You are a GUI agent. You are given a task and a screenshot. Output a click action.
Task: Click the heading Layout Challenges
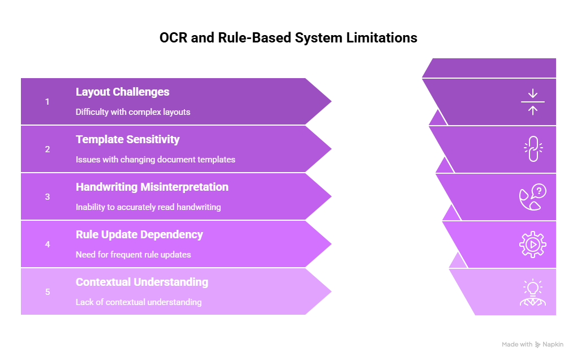point(122,92)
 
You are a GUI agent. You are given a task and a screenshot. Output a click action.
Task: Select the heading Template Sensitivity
point(127,139)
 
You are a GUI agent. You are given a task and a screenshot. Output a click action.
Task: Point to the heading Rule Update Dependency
point(139,234)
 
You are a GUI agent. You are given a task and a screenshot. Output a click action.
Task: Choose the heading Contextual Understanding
point(141,282)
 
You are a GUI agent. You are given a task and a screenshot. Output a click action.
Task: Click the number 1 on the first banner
point(48,102)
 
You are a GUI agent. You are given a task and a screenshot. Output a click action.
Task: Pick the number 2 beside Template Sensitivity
point(48,149)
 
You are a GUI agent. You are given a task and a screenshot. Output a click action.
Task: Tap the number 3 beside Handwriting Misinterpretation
point(48,197)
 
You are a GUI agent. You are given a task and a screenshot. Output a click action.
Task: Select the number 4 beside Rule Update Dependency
point(48,245)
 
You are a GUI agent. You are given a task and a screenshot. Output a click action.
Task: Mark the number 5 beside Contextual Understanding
point(48,292)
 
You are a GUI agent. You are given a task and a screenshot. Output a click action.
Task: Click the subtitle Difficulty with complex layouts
point(133,112)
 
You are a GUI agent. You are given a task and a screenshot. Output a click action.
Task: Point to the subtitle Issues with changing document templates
point(155,160)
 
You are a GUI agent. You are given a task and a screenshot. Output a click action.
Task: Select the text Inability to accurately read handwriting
point(148,207)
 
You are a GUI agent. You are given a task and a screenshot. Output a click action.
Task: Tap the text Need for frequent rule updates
point(133,255)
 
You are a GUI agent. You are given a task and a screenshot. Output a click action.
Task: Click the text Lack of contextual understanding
point(139,302)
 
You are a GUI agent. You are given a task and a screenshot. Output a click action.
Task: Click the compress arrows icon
point(532,102)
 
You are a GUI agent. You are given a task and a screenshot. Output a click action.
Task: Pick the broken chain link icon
point(532,149)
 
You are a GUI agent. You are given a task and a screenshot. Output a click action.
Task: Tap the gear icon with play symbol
point(532,245)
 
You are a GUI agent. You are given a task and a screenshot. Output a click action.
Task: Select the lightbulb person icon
point(532,293)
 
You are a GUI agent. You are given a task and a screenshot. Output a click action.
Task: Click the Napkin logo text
point(553,344)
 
